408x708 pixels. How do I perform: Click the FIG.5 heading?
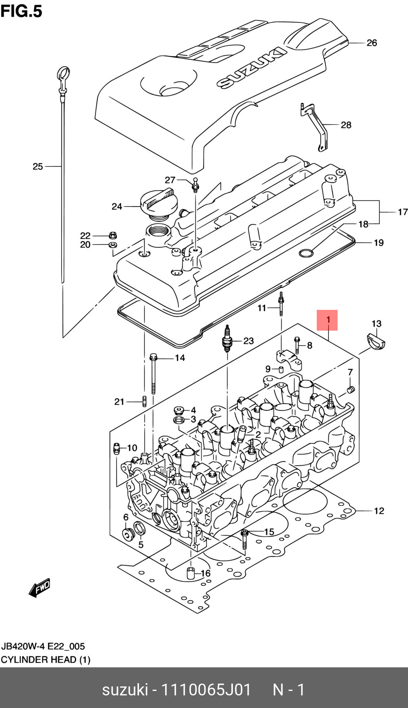(x=21, y=11)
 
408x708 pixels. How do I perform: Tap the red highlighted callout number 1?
(x=328, y=320)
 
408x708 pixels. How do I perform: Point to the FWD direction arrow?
(x=39, y=587)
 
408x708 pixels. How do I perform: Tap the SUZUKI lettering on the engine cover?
(x=251, y=68)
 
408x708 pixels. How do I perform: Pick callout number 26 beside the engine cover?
(x=372, y=43)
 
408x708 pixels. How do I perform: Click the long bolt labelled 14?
(x=153, y=374)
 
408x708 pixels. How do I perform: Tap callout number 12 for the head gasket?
(x=379, y=511)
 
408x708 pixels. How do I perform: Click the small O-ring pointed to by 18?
(x=306, y=253)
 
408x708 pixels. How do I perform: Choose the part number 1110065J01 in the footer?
(x=206, y=690)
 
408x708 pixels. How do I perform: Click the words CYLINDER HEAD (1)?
(x=46, y=660)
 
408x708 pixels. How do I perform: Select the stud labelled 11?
(x=281, y=304)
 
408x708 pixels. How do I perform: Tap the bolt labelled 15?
(x=244, y=539)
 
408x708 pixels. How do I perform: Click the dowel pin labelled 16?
(x=190, y=573)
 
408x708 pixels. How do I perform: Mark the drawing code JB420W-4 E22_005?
(x=43, y=646)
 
